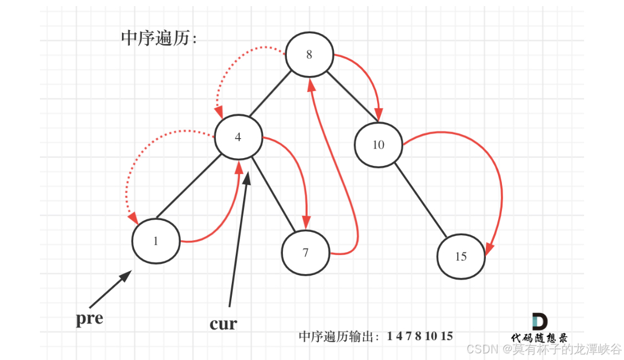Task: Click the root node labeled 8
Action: [x=309, y=54]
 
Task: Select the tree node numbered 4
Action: [x=238, y=137]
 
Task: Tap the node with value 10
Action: [x=378, y=145]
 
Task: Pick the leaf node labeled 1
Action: [x=156, y=241]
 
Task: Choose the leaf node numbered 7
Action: [x=306, y=253]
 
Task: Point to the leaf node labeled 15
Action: [x=461, y=256]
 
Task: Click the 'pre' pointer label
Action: [x=90, y=319]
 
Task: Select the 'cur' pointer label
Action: [x=223, y=323]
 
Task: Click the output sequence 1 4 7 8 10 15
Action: [x=420, y=336]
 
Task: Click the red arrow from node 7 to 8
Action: [x=341, y=166]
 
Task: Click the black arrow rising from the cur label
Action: [x=239, y=239]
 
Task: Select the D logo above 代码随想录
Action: [x=539, y=322]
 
